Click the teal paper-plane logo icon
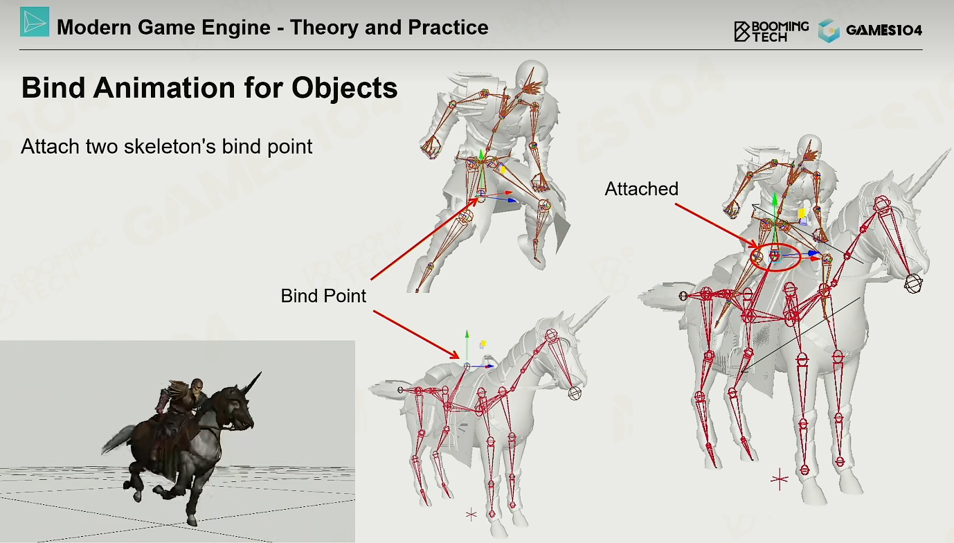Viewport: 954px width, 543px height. pyautogui.click(x=35, y=21)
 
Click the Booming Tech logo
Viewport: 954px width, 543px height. pyautogui.click(x=771, y=31)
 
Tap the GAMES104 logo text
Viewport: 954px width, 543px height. pyautogui.click(x=883, y=30)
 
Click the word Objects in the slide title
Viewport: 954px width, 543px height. pyautogui.click(x=344, y=88)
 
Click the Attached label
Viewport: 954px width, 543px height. pyautogui.click(x=641, y=189)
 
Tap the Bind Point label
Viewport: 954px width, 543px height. pyautogui.click(x=323, y=296)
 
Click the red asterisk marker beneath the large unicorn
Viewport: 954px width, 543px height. pyautogui.click(x=780, y=479)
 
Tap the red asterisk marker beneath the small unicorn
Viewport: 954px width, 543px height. pyautogui.click(x=471, y=515)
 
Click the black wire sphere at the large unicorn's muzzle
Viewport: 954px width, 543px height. pyautogui.click(x=913, y=283)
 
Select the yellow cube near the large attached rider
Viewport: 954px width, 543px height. pyautogui.click(x=802, y=214)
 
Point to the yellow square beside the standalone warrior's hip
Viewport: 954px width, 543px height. pyautogui.click(x=503, y=170)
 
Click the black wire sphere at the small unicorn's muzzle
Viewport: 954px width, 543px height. pyautogui.click(x=575, y=393)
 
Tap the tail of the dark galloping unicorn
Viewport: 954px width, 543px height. pyautogui.click(x=118, y=439)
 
